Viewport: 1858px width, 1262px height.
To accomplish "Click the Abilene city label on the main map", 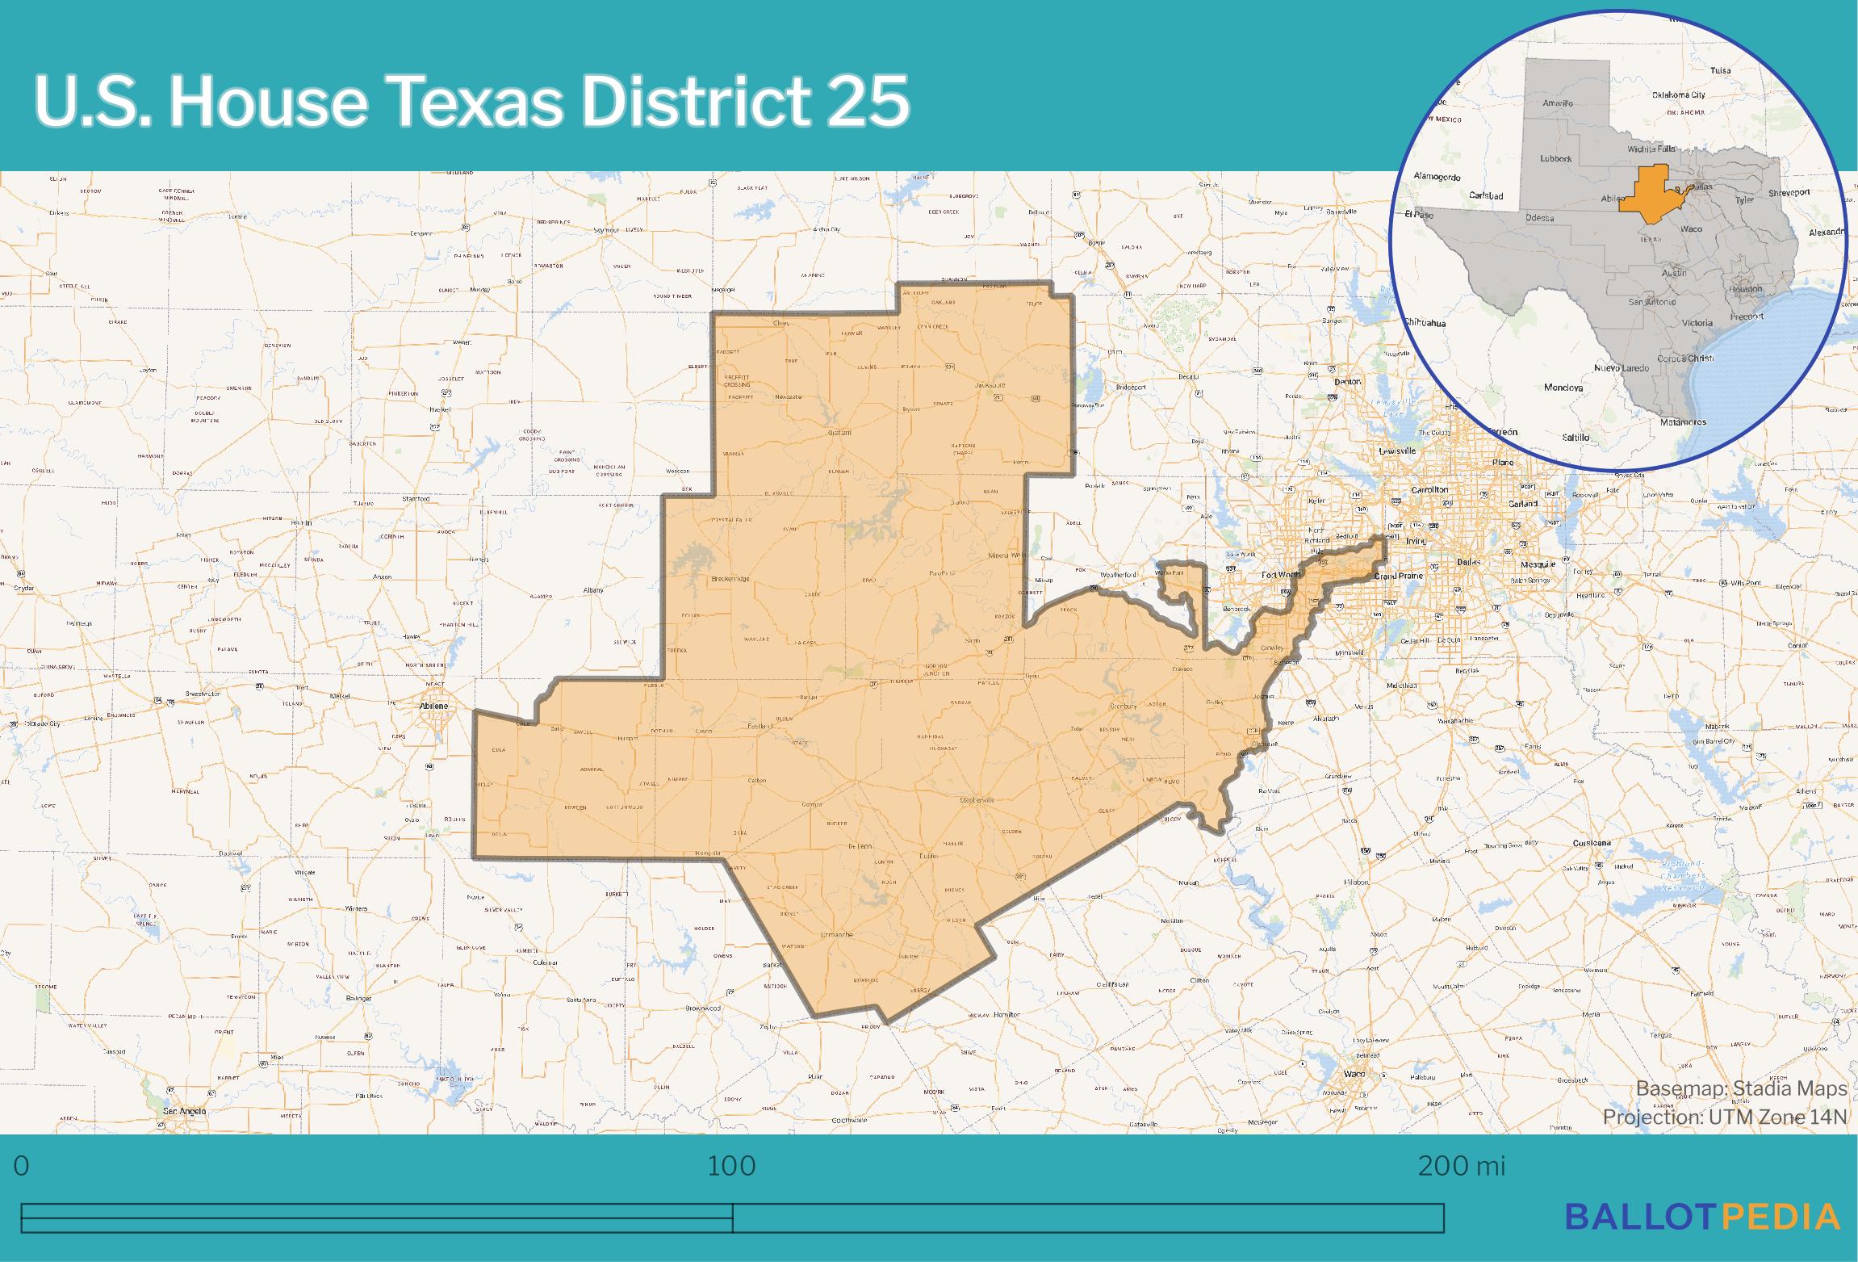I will [433, 706].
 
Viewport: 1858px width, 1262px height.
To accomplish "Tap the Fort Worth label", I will [1281, 574].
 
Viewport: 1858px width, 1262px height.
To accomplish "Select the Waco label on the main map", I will [1354, 1074].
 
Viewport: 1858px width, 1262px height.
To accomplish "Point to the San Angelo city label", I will [185, 1111].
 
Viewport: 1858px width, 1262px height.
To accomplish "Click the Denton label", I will [1348, 381].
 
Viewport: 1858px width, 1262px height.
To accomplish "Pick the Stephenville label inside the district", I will [977, 799].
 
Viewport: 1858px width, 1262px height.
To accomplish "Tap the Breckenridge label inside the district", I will [730, 579].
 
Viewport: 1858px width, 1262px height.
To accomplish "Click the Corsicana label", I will [1592, 842].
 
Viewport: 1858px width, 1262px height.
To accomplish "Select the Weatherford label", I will [1118, 575].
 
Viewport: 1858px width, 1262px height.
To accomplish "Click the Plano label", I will [1503, 463].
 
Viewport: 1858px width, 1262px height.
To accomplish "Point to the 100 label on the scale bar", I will [731, 1166].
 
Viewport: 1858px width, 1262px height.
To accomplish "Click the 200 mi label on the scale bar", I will [1462, 1166].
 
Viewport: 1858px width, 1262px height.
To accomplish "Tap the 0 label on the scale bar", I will [22, 1166].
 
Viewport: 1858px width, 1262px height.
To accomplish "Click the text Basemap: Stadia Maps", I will [1741, 1088].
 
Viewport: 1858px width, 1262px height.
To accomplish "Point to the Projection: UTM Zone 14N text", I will [1725, 1117].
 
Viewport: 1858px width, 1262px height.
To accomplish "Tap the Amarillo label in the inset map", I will [1557, 103].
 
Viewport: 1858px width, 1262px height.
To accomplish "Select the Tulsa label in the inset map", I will [1721, 70].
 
